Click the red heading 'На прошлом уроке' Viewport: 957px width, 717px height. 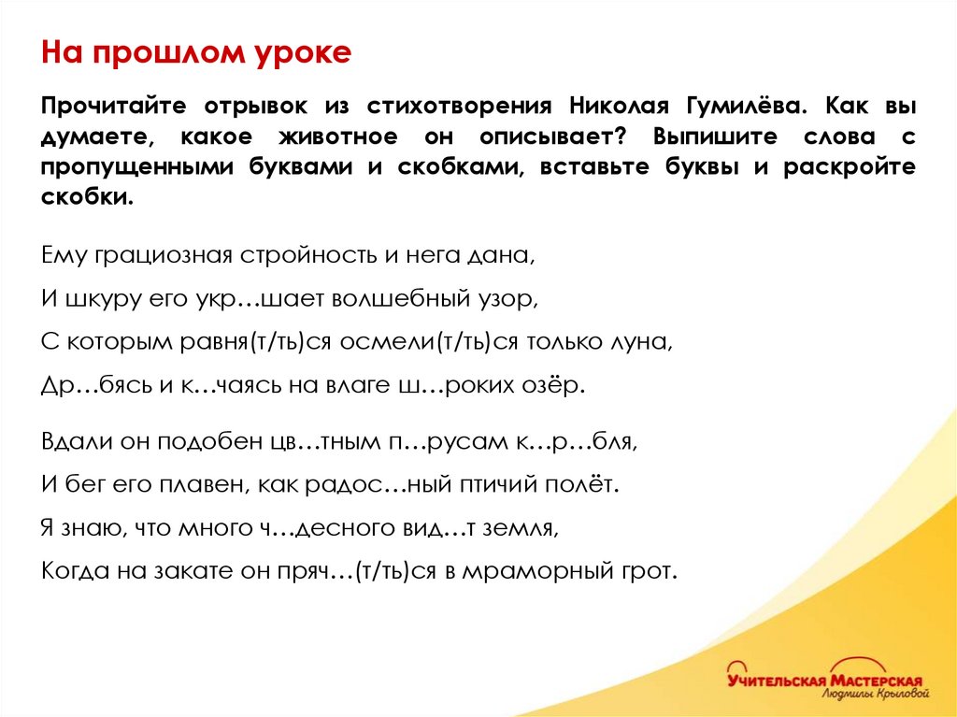coord(195,52)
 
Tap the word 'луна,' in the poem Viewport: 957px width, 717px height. coord(640,342)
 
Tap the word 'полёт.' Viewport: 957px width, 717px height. coord(584,484)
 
